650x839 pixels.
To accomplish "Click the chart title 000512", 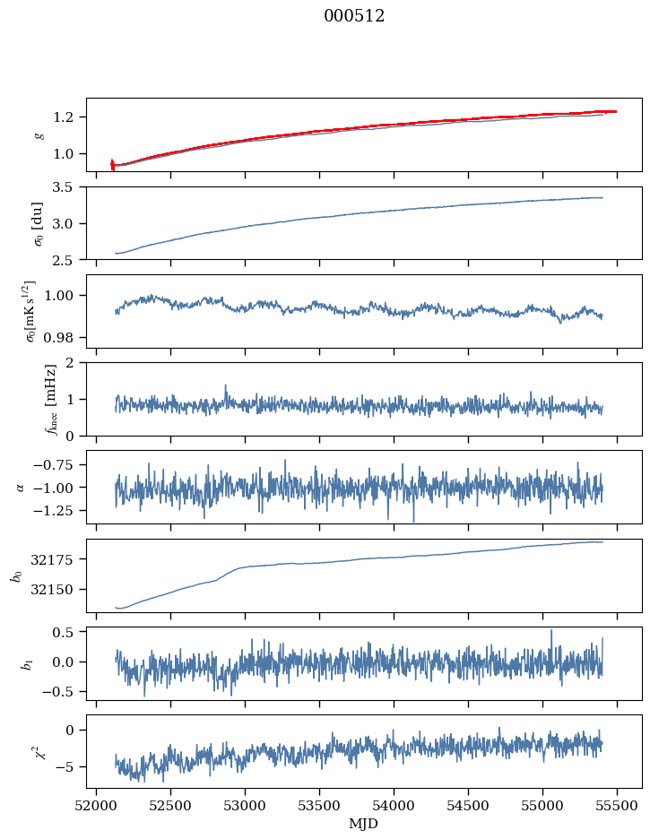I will click(354, 16).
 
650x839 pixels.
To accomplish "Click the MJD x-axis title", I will click(364, 823).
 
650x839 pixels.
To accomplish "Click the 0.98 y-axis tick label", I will click(64, 338).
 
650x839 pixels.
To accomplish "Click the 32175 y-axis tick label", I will click(56, 559).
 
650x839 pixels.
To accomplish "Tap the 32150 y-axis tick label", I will click(56, 590).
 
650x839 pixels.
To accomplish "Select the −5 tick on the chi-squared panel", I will click(70, 767).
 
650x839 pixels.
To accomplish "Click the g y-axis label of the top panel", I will click(39, 134).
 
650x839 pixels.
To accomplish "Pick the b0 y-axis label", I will click(15, 575).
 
